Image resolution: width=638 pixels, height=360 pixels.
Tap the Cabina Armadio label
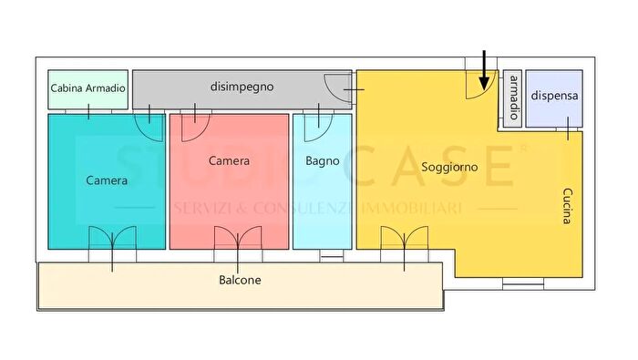click(x=87, y=89)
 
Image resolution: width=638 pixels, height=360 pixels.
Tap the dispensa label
click(x=554, y=95)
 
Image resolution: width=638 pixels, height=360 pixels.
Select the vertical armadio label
click(x=513, y=98)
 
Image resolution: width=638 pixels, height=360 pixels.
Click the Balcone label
click(x=240, y=280)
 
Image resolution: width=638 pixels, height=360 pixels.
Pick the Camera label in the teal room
click(x=107, y=180)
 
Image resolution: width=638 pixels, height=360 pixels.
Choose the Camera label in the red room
click(x=229, y=160)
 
